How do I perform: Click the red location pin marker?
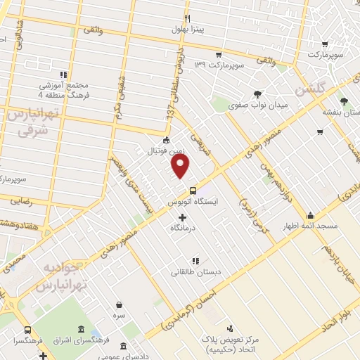(181, 167)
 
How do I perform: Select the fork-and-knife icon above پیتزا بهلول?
(187, 18)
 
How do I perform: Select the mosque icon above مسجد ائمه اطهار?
(310, 215)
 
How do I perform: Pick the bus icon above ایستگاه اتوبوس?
(193, 191)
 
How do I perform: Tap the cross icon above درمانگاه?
(184, 217)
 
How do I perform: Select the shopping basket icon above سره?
(120, 305)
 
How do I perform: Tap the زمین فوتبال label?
(165, 150)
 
